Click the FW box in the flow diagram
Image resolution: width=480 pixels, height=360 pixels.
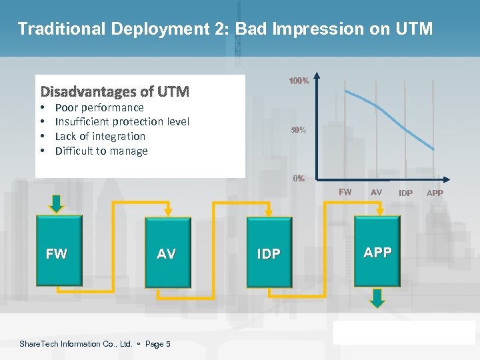click(57, 253)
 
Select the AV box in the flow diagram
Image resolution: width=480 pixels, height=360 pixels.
click(167, 253)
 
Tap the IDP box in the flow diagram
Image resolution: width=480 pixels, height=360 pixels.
click(269, 253)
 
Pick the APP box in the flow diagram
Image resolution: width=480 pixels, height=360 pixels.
click(377, 251)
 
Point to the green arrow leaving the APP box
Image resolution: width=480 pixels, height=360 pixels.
click(377, 297)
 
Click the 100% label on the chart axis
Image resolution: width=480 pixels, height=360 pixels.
click(298, 81)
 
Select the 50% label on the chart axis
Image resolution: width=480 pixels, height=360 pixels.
click(298, 130)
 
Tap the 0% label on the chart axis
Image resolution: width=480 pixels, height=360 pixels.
click(299, 178)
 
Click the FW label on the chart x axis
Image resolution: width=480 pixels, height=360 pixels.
click(345, 192)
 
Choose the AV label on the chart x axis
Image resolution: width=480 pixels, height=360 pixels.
click(377, 192)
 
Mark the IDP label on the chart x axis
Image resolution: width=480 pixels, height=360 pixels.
click(405, 193)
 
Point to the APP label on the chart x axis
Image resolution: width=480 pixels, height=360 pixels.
click(435, 193)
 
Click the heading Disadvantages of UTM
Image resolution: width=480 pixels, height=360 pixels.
click(115, 91)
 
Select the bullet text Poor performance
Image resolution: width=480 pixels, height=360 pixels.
click(99, 107)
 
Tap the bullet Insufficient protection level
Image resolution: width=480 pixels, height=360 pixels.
click(122, 121)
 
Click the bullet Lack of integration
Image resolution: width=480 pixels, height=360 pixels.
click(100, 136)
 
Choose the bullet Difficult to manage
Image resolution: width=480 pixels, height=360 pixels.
click(101, 151)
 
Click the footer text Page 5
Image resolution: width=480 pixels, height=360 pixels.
click(157, 344)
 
